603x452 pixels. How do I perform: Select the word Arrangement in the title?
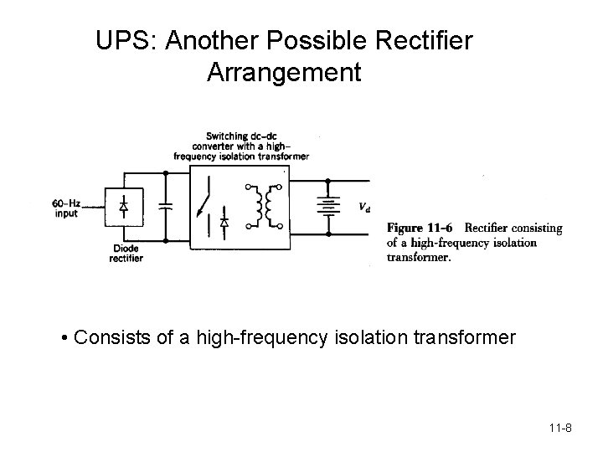[284, 72]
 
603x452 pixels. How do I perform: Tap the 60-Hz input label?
[64, 208]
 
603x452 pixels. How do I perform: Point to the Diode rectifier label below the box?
[126, 254]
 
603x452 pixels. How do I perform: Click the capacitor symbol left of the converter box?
[166, 207]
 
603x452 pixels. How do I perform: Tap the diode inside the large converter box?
[224, 222]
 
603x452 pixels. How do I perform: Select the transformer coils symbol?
[269, 205]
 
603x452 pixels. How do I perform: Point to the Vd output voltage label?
[364, 208]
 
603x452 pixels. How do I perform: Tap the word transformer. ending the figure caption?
[419, 258]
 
